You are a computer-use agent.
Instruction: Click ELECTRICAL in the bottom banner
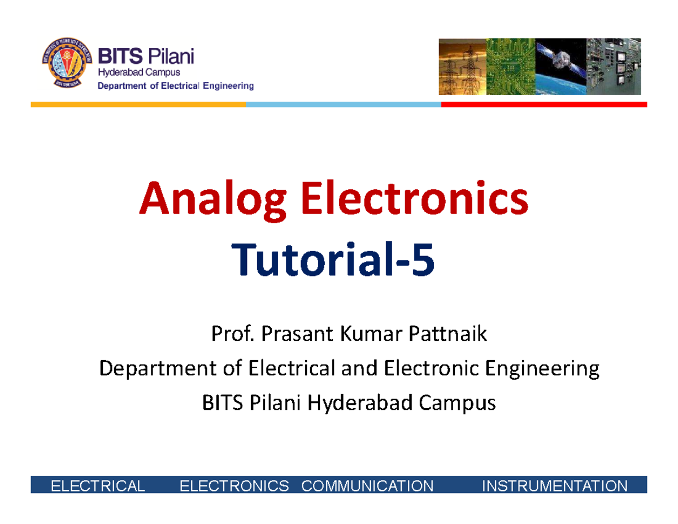(97, 486)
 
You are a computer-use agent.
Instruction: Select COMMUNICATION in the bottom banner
(368, 486)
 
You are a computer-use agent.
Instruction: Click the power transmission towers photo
(462, 66)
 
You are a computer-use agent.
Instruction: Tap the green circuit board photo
(511, 66)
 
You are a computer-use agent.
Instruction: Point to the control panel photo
(614, 66)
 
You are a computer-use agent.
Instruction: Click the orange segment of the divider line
(138, 105)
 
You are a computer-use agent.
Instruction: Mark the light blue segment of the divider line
(343, 105)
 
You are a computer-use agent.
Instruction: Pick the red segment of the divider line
(544, 105)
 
